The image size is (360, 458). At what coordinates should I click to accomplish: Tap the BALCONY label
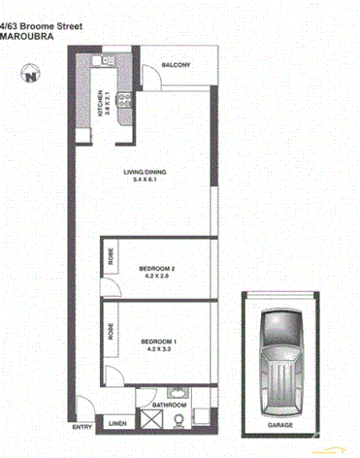[177, 65]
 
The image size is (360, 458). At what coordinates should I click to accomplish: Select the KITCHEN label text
[99, 103]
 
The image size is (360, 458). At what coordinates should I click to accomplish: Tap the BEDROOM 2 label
[156, 267]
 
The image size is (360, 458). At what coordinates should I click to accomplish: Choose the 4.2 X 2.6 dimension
[156, 276]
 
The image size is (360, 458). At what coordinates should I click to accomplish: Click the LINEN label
[116, 424]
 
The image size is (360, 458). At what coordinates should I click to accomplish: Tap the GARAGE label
[280, 426]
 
